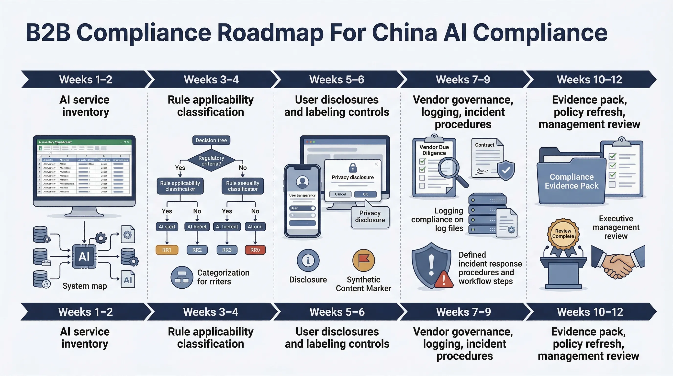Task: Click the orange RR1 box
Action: point(167,250)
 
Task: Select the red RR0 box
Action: point(255,250)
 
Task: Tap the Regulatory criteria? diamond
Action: point(211,161)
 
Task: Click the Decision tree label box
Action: point(211,140)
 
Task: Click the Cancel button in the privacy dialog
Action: point(340,194)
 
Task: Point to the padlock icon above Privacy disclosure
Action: point(353,167)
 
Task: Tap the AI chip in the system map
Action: point(84,257)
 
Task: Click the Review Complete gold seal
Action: point(563,234)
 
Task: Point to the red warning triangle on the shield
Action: point(444,280)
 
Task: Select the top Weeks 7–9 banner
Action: point(463,80)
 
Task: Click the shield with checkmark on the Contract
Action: point(505,170)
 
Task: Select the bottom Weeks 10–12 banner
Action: point(590,312)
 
